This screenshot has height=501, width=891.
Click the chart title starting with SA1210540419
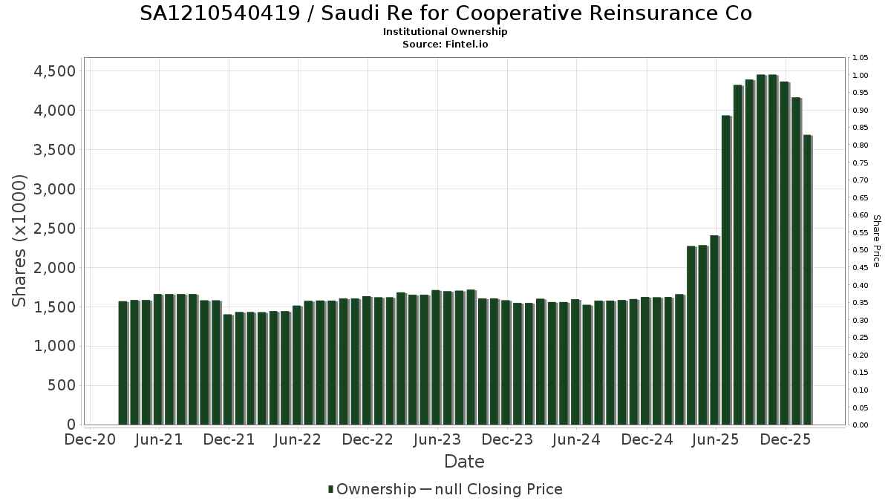tap(446, 13)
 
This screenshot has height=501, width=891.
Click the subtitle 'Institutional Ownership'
tap(446, 32)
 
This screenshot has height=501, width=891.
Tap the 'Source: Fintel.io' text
tap(446, 44)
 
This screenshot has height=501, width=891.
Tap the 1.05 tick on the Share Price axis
tap(861, 58)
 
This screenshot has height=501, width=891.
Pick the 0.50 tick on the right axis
tap(861, 250)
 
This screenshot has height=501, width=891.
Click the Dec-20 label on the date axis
tap(90, 439)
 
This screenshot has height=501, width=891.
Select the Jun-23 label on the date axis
tap(437, 439)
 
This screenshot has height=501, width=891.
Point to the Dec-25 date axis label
tap(786, 439)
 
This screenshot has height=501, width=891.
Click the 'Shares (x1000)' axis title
tap(20, 240)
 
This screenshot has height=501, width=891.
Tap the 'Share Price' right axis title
tap(876, 241)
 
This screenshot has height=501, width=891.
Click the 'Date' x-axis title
tap(464, 462)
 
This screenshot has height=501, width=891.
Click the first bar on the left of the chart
tap(123, 363)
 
